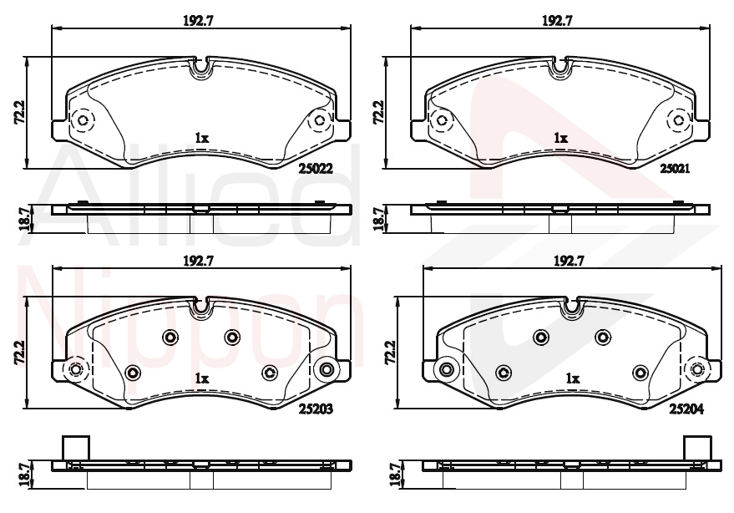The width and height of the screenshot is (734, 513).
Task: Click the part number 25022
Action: pos(316,169)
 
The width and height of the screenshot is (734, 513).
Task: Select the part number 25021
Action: pos(675,168)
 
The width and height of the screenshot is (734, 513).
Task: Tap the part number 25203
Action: pos(316,409)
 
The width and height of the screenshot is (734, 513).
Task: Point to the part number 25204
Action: pos(686,409)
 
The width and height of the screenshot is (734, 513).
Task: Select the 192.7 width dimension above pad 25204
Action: pos(569,261)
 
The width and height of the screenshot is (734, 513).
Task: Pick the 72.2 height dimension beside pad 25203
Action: pos(20,353)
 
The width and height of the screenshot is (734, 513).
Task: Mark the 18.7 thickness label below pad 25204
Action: pos(396,474)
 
